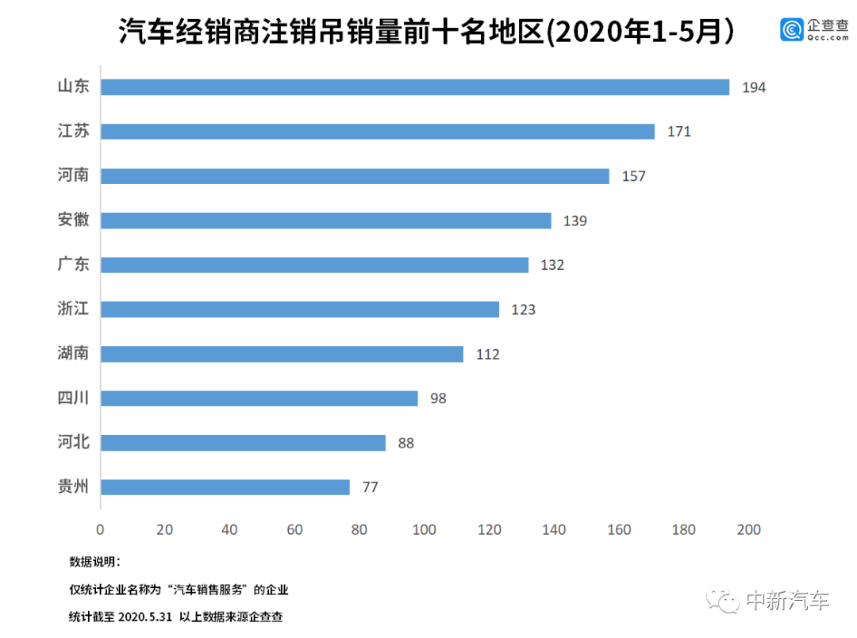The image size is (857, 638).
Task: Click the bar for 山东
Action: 414,87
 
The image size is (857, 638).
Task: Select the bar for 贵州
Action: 225,487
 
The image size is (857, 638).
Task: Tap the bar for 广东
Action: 314,265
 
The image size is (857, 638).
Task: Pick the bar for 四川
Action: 259,398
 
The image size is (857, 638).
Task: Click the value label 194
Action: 754,87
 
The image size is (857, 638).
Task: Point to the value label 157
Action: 633,176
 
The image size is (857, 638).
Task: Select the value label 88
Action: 406,443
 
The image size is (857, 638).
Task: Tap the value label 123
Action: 524,309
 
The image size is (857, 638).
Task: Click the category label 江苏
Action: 73,131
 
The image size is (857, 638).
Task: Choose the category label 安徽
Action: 73,220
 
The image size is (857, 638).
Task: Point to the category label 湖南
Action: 73,353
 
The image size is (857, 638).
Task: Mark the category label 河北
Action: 73,442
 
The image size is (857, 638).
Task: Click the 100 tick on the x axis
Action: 425,529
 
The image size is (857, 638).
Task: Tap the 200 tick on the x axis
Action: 748,529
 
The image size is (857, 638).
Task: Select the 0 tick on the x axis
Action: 100,529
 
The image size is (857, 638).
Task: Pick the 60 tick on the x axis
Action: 294,529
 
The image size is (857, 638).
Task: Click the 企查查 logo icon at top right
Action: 790,29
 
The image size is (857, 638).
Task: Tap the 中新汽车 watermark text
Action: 786,601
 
